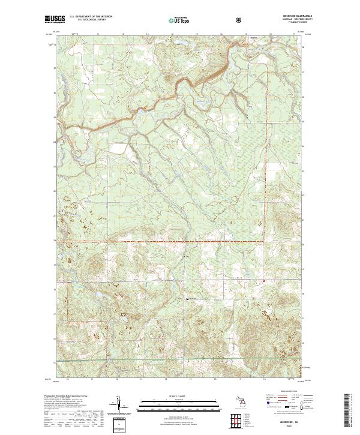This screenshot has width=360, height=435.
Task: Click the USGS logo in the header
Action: tap(55, 20)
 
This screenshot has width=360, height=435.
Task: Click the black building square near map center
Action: tap(188, 298)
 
